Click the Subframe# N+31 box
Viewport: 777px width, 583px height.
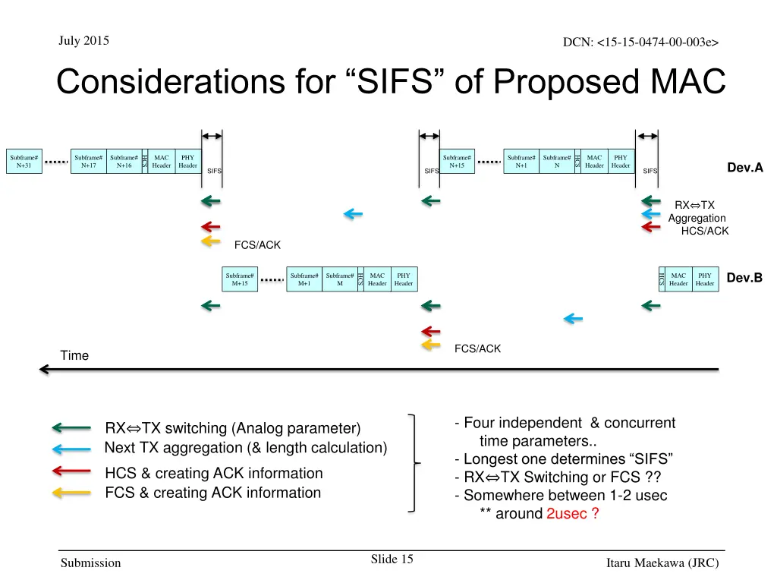click(24, 161)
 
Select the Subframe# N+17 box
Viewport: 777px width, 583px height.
click(89, 161)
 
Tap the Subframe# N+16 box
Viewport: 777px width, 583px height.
click(124, 161)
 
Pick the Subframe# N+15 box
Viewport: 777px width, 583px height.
click(458, 161)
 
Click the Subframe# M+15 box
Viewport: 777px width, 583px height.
click(240, 279)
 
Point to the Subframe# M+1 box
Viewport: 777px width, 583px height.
click(304, 279)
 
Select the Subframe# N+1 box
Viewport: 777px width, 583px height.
click(521, 161)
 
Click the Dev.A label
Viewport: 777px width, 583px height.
click(744, 168)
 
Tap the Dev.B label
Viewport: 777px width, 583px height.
click(744, 278)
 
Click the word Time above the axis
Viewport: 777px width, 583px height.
click(74, 355)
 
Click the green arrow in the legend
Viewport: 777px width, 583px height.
click(71, 428)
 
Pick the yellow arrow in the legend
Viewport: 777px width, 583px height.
click(71, 493)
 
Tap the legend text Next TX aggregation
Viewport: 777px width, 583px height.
click(245, 448)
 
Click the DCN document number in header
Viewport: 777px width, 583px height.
click(640, 43)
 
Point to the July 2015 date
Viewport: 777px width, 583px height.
click(83, 41)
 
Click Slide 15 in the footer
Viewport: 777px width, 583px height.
click(392, 559)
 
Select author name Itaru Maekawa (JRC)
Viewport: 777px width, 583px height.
click(662, 563)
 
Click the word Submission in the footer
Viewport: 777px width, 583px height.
click(90, 563)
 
